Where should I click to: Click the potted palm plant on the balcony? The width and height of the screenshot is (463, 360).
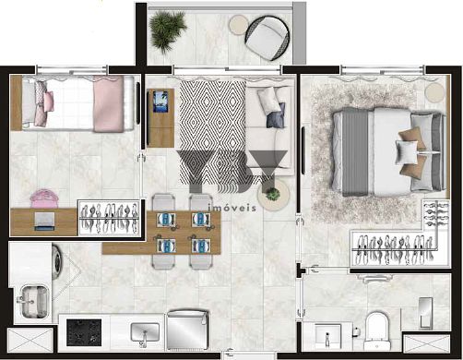167,31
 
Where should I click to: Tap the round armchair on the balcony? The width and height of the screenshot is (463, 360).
267,38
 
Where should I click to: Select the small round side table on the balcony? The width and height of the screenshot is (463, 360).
239,24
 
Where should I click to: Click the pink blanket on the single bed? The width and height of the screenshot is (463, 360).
109,103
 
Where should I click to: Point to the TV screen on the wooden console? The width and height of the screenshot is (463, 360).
160,102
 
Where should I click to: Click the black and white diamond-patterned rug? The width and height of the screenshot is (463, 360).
212,129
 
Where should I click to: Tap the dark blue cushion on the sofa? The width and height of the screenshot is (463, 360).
276,115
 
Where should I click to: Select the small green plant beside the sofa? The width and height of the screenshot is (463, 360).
273,194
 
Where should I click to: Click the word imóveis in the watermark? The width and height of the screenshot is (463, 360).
232,208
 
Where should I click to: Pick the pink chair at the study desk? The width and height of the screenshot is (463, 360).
44,198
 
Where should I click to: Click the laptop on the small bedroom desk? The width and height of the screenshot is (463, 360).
44,222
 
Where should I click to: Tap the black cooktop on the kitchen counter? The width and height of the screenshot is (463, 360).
84,332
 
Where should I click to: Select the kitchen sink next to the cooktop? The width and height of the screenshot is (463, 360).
145,332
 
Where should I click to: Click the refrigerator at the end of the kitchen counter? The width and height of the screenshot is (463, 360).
187,330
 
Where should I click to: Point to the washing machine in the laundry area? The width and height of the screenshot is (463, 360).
57,261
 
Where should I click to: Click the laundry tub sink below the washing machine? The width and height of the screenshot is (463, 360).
33,302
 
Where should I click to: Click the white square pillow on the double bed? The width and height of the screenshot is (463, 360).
407,151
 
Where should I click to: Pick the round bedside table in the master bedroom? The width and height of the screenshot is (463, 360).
434,92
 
